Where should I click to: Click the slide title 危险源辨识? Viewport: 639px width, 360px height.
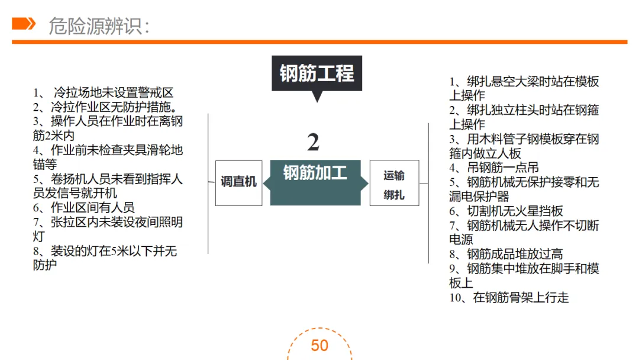pos(98,25)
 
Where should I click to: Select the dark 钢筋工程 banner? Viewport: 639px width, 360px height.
pos(317,73)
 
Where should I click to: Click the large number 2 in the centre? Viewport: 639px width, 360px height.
pos(314,143)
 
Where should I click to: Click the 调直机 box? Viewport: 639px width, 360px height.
pos(238,182)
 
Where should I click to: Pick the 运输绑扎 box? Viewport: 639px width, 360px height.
pos(394,183)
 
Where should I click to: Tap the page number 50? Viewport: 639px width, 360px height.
pos(319,346)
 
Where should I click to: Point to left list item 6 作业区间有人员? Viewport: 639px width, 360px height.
pos(84,207)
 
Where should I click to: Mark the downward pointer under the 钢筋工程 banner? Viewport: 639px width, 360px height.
pos(318,97)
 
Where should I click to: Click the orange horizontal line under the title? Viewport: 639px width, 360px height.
pos(319,41)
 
